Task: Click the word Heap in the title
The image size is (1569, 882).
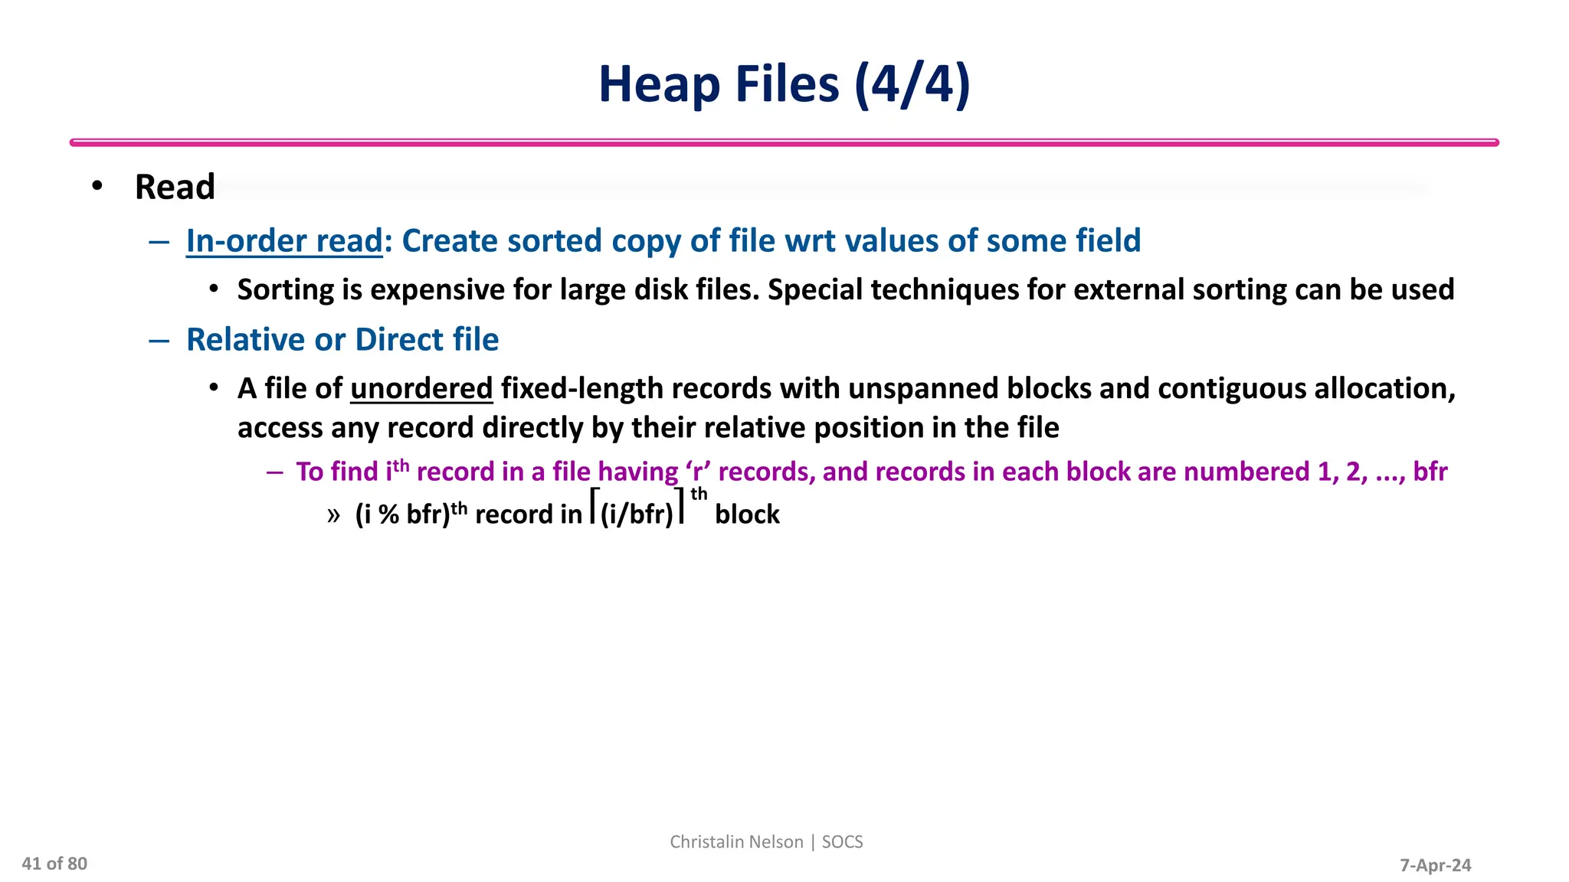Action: pos(659,85)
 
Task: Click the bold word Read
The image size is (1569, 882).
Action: pos(175,188)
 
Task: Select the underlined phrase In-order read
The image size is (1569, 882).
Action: pos(284,241)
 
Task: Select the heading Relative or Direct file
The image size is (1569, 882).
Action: pos(342,340)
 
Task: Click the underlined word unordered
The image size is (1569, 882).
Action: pos(421,389)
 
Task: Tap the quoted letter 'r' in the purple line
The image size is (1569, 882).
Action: pos(698,472)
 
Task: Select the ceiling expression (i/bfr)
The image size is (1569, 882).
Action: pos(637,514)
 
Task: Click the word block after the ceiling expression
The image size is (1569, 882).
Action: pos(747,514)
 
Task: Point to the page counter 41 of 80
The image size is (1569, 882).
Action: pos(54,864)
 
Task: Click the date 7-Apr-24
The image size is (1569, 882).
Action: pos(1435,865)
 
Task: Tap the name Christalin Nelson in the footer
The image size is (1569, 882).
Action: pos(736,841)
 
